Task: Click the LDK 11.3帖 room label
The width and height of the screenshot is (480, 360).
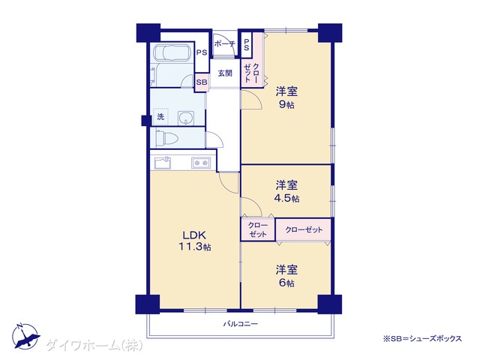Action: coord(195,241)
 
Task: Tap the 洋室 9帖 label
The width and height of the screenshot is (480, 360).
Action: coord(286,97)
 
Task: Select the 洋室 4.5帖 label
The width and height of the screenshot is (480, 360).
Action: coord(286,192)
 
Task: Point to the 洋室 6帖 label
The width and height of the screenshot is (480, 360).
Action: coord(286,277)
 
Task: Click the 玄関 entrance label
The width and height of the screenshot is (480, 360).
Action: coord(225,73)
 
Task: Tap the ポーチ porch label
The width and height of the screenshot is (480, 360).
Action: coord(224,43)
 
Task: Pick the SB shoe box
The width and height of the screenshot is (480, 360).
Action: coord(202,82)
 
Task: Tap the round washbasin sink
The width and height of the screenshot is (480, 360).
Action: coord(186,118)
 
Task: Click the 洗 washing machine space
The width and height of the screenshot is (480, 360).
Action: coord(160,117)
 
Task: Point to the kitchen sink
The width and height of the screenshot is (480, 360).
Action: coord(163,163)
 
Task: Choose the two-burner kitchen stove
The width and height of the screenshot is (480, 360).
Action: coord(201,163)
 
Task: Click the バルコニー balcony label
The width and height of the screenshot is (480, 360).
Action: coord(240,323)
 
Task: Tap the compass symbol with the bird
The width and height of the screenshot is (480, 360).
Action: coord(25,336)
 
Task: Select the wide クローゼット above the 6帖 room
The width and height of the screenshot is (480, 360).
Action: coord(303,229)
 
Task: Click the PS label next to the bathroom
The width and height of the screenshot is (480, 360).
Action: coord(202,52)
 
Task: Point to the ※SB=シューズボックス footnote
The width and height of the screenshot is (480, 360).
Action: coord(422,338)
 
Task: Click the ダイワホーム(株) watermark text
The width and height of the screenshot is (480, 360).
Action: coord(94,346)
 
